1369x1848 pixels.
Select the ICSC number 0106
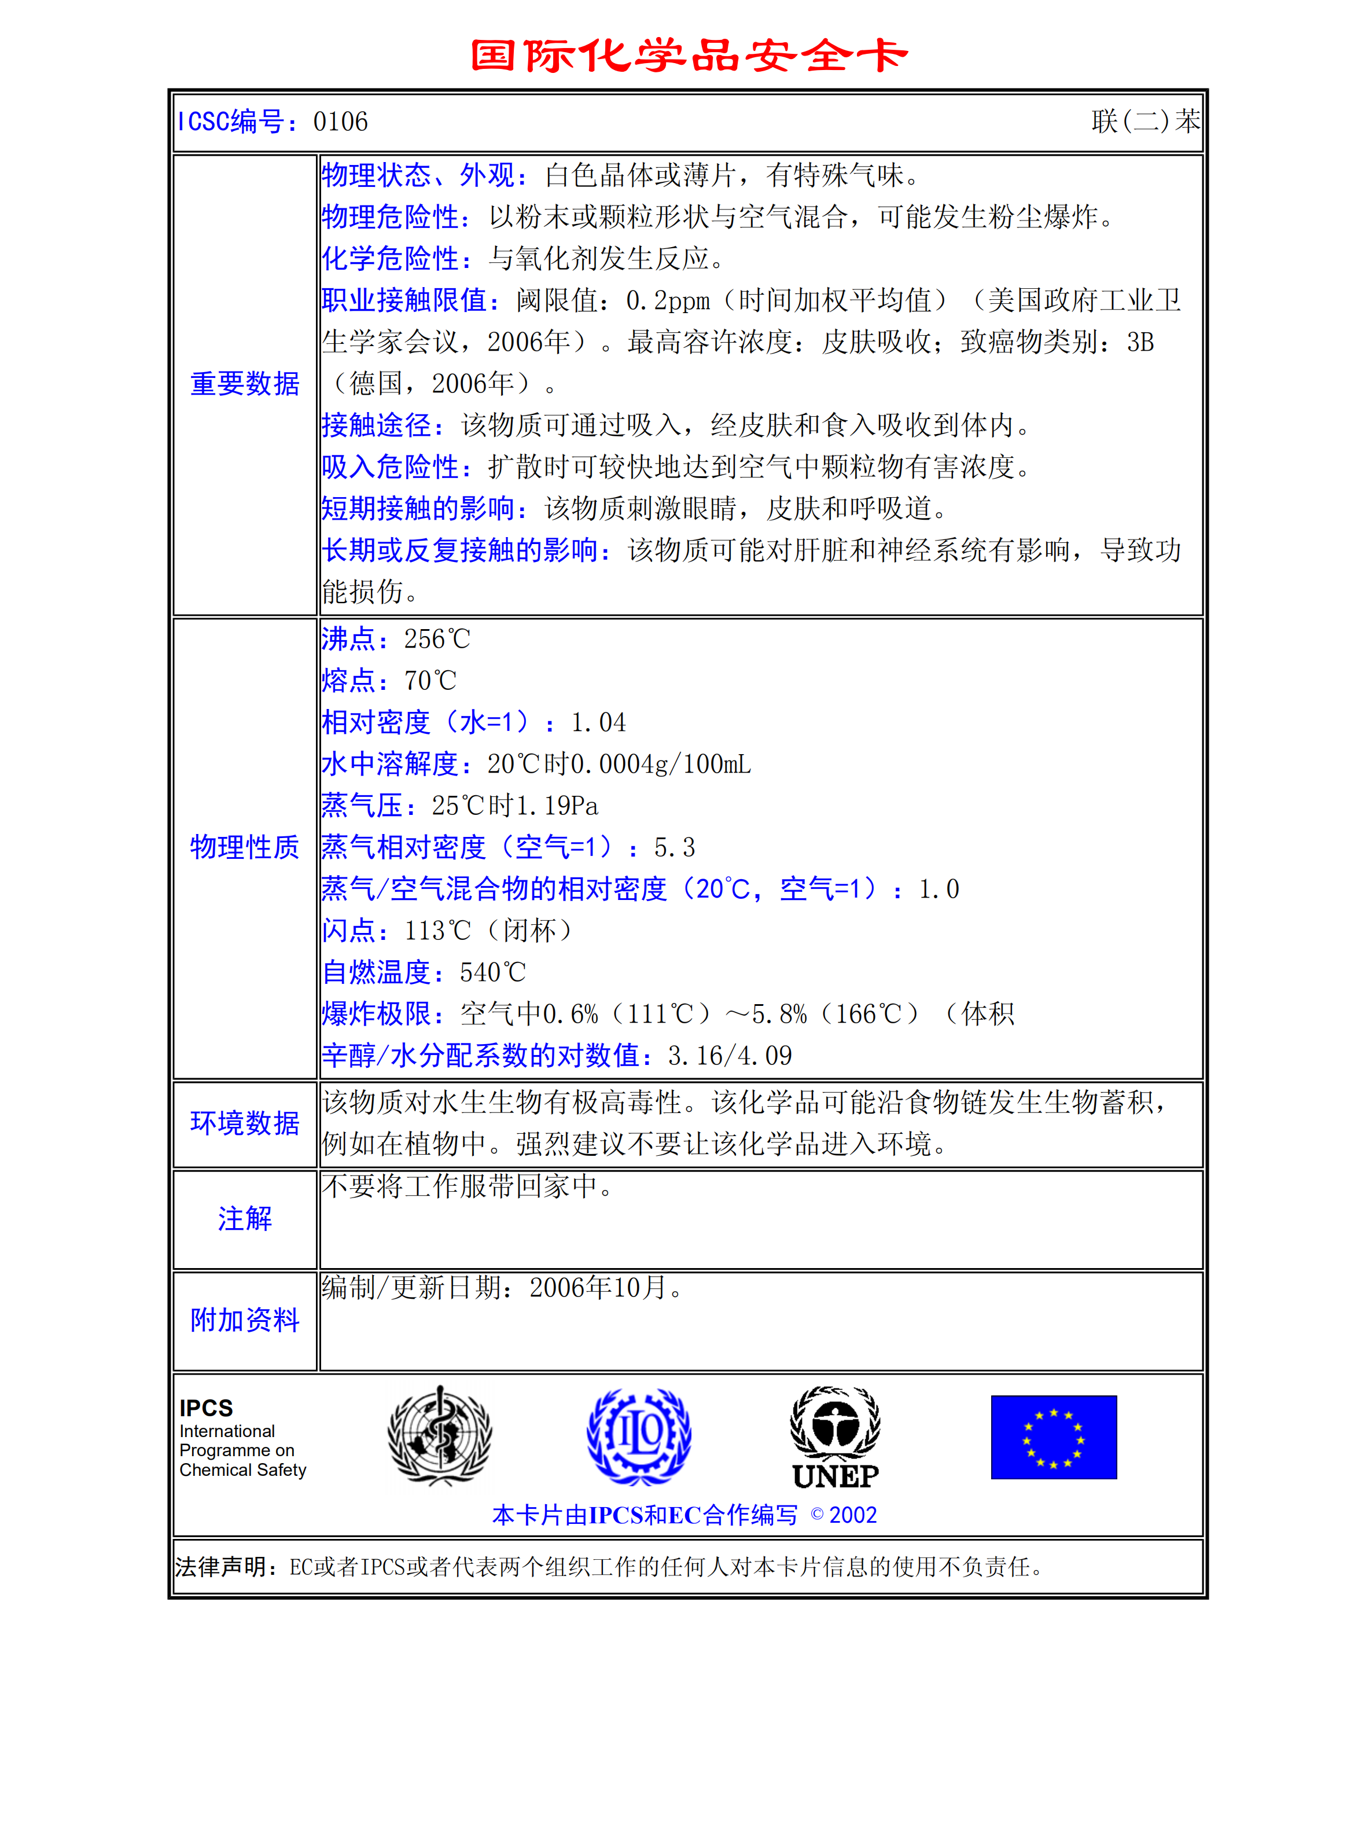tap(341, 122)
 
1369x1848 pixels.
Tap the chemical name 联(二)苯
tap(1145, 122)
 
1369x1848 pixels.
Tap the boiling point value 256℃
tap(437, 639)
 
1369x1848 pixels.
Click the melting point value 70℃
tap(430, 681)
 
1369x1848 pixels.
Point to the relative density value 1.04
tap(598, 723)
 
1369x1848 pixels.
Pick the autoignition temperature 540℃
tap(493, 972)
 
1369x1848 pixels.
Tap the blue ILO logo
tap(639, 1436)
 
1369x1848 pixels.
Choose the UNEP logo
tap(836, 1436)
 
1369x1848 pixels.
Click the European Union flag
tap(1053, 1437)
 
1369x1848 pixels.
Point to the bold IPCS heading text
tap(207, 1408)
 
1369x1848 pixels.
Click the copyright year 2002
tap(853, 1515)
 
